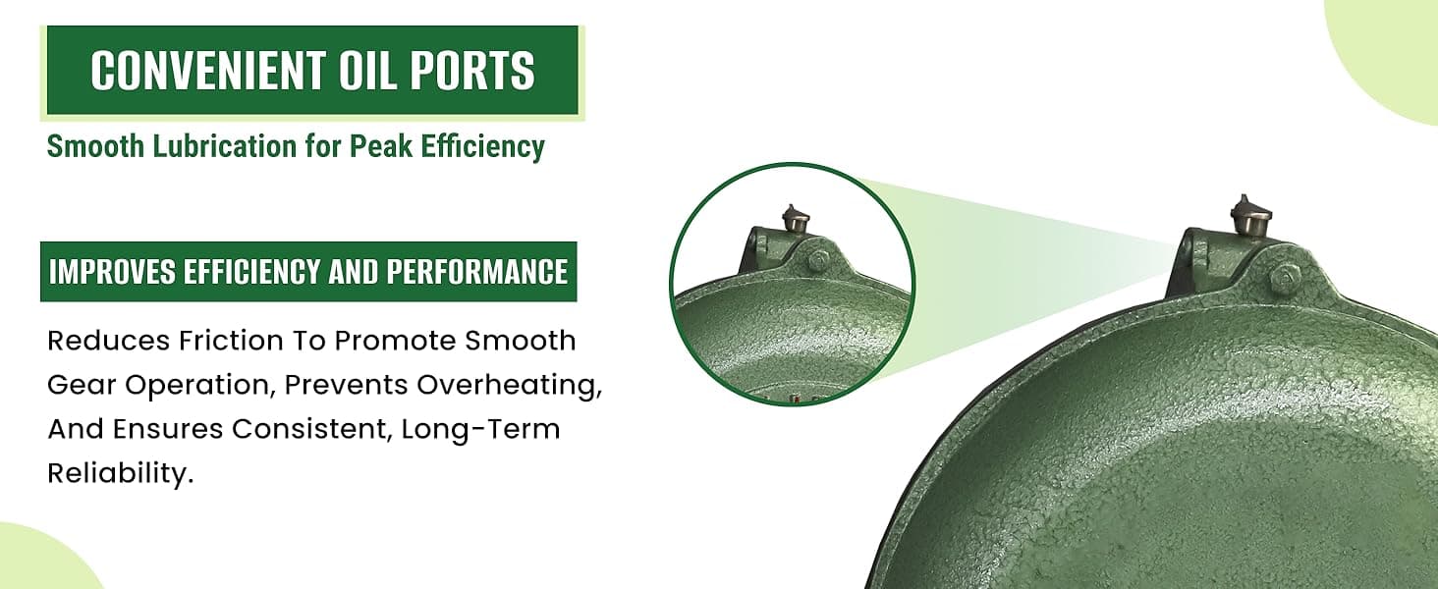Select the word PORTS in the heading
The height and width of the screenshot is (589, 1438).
(471, 70)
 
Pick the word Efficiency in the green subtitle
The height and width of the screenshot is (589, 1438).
(482, 147)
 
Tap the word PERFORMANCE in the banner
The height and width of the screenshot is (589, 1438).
(477, 272)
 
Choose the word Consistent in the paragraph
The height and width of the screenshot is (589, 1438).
(311, 429)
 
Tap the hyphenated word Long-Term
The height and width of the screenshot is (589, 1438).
(481, 429)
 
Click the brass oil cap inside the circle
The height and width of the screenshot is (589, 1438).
(796, 220)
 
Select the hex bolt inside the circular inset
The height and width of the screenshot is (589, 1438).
(819, 261)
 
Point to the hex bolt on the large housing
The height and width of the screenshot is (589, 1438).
(1283, 277)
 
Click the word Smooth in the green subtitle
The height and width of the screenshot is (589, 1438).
(95, 146)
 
